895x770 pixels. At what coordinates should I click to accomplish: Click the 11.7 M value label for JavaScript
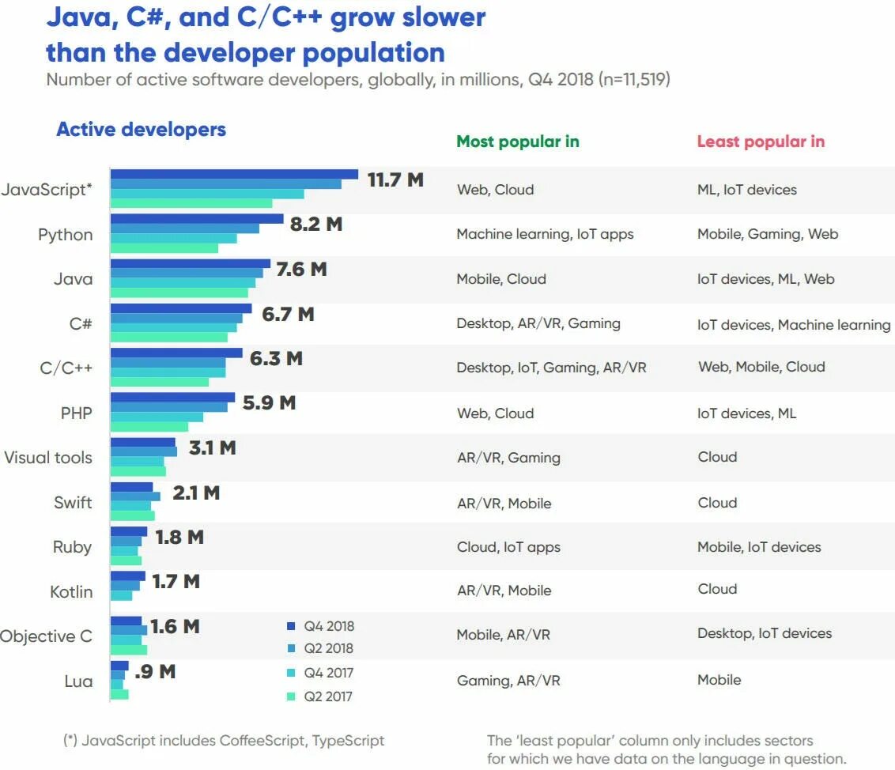pos(395,179)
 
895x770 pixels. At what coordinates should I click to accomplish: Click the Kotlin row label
pos(71,591)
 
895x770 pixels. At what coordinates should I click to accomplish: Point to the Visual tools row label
pos(48,458)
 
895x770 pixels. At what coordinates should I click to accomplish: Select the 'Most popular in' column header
pos(518,142)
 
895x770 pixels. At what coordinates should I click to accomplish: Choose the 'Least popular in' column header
pos(761,142)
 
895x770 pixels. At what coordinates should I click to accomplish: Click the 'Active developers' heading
pos(141,130)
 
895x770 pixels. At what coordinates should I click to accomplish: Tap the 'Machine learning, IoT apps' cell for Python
pos(545,234)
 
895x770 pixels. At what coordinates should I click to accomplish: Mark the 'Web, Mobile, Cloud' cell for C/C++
pos(761,367)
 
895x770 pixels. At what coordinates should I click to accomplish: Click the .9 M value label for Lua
pos(155,672)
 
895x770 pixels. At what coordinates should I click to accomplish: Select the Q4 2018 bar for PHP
pos(172,398)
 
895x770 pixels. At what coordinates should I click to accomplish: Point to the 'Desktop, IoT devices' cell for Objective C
pos(765,633)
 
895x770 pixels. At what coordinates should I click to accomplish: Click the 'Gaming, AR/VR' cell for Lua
pos(508,680)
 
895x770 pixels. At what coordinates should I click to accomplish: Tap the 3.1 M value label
pos(212,447)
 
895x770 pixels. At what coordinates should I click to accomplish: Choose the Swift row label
pos(73,502)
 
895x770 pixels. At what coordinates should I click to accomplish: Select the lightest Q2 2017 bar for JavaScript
pos(191,204)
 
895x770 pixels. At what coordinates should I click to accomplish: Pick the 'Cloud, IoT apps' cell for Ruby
pos(508,547)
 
